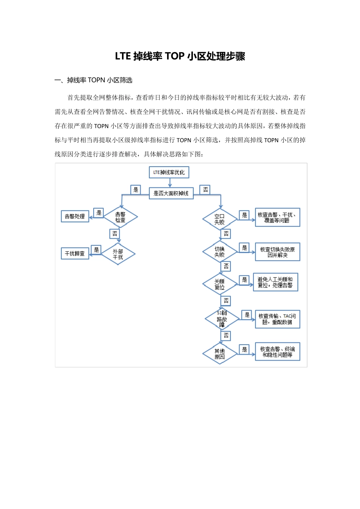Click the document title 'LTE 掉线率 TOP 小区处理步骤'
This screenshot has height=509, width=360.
coord(180,56)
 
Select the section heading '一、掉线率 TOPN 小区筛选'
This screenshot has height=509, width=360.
coord(94,80)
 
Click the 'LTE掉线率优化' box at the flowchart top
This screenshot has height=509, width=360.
coord(169,172)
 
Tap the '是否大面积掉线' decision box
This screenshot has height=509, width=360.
coord(171,194)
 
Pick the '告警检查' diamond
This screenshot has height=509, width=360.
coord(121,217)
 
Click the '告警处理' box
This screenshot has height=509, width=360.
coord(75,216)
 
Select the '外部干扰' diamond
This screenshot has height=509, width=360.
coord(118,254)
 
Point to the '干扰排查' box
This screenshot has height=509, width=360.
coord(75,253)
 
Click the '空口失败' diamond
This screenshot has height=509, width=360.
coord(220,219)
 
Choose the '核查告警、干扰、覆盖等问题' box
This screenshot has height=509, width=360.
coord(277,217)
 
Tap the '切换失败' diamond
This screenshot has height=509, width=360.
coord(220,252)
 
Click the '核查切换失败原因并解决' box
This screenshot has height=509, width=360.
coord(277,252)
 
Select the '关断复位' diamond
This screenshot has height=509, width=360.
coord(220,284)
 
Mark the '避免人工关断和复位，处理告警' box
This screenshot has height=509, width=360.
coord(275,282)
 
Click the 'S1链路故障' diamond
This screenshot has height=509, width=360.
coord(222,319)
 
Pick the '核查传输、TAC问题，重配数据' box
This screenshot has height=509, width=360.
coord(277,319)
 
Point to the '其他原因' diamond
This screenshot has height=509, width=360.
coord(220,354)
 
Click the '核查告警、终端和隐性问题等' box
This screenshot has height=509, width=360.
coord(277,352)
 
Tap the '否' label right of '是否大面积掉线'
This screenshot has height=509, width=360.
coord(205,189)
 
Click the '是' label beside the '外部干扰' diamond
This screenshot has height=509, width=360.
coord(96,250)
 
